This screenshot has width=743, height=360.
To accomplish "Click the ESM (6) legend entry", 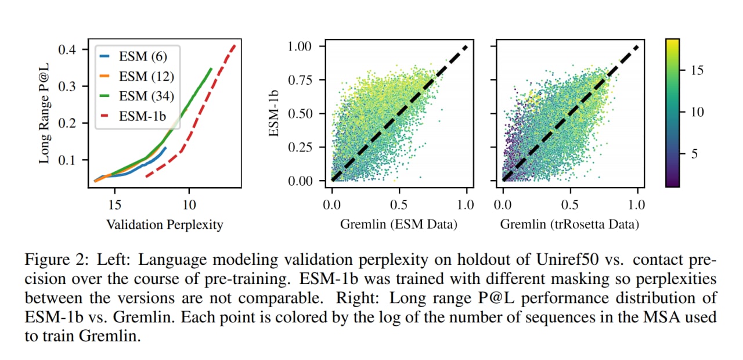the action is click(x=134, y=56).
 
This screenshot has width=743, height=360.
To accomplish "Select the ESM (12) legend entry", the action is click(x=137, y=76).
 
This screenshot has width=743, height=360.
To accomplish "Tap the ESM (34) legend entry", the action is click(x=137, y=96).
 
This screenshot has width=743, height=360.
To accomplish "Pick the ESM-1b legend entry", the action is click(x=133, y=116).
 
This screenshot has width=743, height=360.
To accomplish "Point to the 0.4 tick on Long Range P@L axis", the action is click(x=67, y=50).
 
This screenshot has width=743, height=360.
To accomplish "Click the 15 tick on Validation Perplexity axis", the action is click(x=115, y=205).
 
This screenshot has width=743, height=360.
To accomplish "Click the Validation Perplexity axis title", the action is click(x=164, y=225).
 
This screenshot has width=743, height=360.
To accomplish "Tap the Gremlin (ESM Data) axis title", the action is click(x=399, y=224).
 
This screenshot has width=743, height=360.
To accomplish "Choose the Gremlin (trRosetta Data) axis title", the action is click(x=569, y=224).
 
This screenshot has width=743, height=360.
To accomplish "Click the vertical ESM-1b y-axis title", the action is click(x=273, y=113).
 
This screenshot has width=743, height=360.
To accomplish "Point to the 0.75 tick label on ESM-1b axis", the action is click(x=300, y=80).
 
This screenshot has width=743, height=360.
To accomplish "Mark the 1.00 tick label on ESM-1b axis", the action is click(x=300, y=46).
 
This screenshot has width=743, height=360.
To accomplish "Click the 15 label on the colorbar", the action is click(x=697, y=70).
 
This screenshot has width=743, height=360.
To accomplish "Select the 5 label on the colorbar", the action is click(x=694, y=154).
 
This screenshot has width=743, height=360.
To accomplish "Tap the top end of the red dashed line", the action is click(x=235, y=45).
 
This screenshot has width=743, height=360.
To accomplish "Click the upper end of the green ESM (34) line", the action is click(x=211, y=69).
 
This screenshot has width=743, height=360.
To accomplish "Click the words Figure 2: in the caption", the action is click(x=57, y=260).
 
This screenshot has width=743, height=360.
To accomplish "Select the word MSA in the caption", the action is click(x=660, y=317).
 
